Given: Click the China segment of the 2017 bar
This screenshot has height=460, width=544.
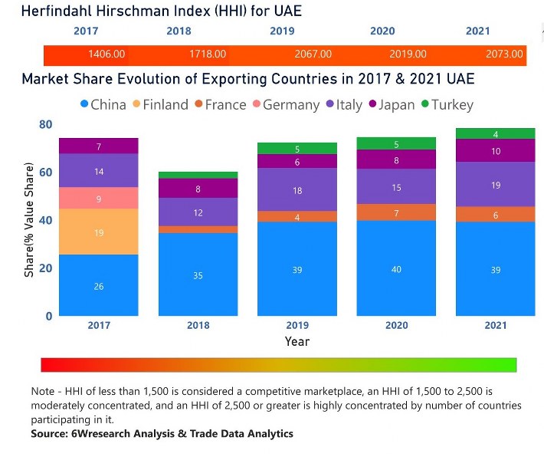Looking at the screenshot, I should (98, 285).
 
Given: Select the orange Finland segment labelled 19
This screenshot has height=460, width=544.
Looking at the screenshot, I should (98, 232).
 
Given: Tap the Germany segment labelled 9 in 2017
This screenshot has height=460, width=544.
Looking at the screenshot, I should (98, 198).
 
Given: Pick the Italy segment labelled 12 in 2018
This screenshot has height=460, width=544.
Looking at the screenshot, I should (198, 212).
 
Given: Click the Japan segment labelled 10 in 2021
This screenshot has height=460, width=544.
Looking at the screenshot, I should (495, 151).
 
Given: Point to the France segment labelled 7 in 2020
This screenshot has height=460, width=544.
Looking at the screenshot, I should (396, 212).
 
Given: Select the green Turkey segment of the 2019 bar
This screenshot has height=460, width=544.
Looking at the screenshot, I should (297, 148).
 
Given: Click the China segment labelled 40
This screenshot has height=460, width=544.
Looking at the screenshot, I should (396, 268).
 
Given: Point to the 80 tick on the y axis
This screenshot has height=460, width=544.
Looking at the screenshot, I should (45, 125).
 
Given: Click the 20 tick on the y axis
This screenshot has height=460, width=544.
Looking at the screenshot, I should (45, 268).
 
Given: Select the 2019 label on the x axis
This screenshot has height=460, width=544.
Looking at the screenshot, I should (297, 326).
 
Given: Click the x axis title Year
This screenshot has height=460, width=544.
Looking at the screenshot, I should (297, 341).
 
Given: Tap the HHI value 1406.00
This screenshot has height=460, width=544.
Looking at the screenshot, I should (107, 54).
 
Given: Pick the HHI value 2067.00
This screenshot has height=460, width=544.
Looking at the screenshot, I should (313, 54).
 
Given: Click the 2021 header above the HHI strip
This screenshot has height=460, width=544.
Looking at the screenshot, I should (478, 31).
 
